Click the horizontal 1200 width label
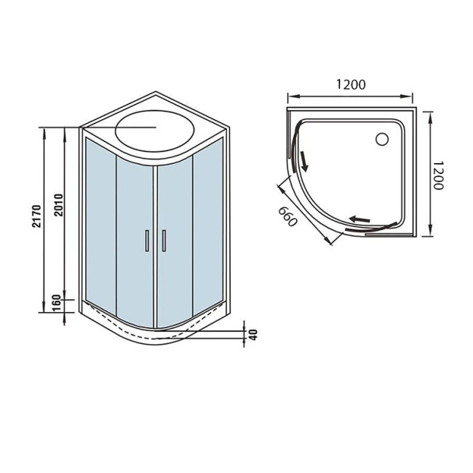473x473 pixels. click(x=351, y=84)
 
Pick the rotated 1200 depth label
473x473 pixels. click(x=438, y=175)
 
